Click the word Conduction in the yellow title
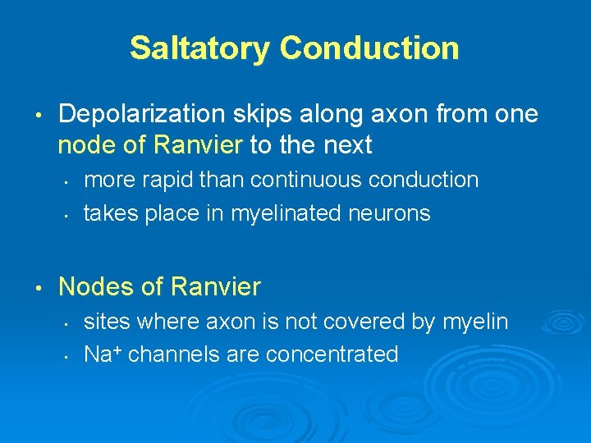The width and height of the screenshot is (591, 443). (369, 48)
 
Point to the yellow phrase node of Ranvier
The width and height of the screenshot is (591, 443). (150, 145)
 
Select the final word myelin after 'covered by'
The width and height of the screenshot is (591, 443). (475, 322)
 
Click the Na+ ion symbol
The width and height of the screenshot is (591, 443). (103, 354)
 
